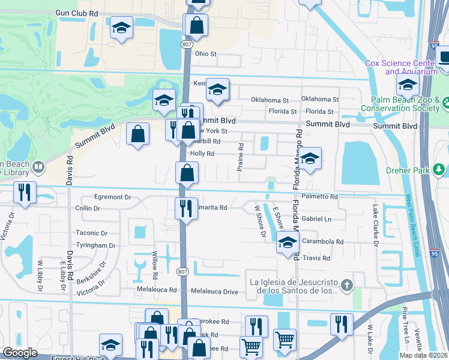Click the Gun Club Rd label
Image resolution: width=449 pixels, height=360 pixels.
click(76, 13)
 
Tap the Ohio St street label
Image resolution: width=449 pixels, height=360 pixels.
click(205, 54)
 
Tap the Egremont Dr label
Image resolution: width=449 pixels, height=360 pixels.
click(111, 197)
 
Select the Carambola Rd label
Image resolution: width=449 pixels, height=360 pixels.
click(322, 242)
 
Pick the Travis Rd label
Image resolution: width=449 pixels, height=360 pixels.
click(317, 259)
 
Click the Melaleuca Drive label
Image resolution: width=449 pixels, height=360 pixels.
click(214, 292)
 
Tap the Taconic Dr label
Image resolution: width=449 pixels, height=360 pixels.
click(92, 233)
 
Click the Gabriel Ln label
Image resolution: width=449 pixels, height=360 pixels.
click(316, 220)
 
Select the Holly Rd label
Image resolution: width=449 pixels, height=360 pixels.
click(202, 154)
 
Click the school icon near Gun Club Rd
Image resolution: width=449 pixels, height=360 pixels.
click(121, 28)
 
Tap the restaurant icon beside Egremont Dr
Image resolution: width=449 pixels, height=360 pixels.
click(25, 192)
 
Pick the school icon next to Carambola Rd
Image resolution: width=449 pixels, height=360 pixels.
click(288, 243)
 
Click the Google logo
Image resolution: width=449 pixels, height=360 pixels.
click(20, 353)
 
